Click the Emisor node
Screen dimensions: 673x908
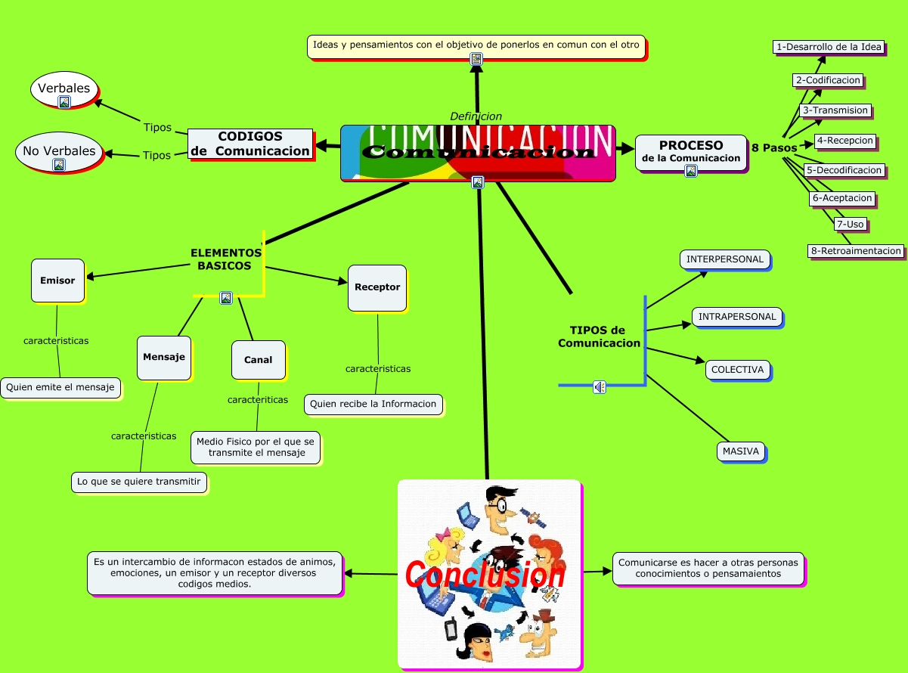point(57,281)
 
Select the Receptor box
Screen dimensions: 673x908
point(377,287)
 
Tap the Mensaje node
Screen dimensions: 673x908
point(163,357)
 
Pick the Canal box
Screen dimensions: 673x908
point(258,360)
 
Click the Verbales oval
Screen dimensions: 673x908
point(64,88)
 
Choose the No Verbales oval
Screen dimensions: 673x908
point(59,151)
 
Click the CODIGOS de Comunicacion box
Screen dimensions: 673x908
point(250,144)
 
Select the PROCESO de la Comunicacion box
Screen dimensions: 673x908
point(691,151)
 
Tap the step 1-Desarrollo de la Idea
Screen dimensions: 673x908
point(829,47)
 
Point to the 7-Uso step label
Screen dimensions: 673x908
point(849,224)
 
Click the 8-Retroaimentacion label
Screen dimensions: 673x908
point(855,251)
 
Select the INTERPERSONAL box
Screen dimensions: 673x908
point(724,259)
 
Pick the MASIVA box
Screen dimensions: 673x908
point(740,451)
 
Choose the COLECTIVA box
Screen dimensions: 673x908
point(737,370)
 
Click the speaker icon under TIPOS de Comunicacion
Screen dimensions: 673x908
point(600,387)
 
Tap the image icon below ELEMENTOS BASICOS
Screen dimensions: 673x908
point(225,298)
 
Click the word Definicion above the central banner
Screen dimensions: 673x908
point(476,116)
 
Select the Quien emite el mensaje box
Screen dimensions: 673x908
point(60,388)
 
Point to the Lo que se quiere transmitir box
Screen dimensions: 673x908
point(138,482)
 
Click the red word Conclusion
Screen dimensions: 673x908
point(485,575)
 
